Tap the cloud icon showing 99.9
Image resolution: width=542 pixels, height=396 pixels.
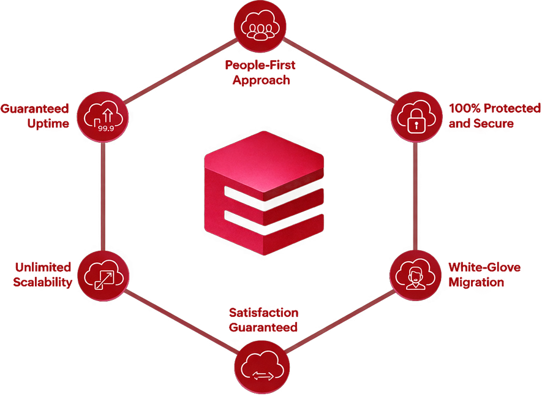tap(103, 116)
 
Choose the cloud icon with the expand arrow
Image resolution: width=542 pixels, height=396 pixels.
tap(103, 275)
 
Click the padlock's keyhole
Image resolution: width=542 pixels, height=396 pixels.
tap(416, 124)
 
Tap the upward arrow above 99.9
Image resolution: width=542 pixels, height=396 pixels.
tap(108, 113)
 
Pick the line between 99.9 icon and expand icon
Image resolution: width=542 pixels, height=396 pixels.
tap(103, 196)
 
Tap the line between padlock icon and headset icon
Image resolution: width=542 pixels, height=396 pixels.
tap(416, 196)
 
